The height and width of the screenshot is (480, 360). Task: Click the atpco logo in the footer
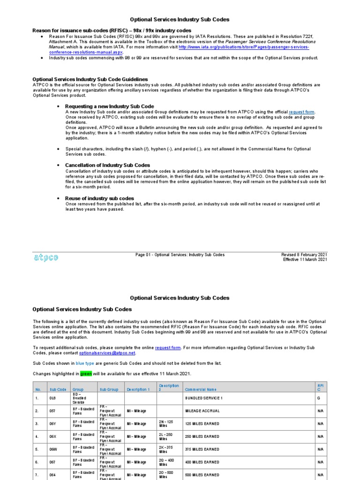pyautogui.click(x=45, y=257)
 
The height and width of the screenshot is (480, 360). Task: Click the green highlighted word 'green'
pyautogui.click(x=86, y=374)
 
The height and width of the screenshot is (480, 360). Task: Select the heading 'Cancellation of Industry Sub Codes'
pyautogui.click(x=107, y=165)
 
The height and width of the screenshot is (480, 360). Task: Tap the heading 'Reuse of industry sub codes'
pyautogui.click(x=99, y=198)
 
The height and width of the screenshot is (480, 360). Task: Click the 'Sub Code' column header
pyautogui.click(x=59, y=390)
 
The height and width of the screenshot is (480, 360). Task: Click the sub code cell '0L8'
pyautogui.click(x=54, y=398)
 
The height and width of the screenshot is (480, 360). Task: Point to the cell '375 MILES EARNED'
pyautogui.click(x=202, y=449)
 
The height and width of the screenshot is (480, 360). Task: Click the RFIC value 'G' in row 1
pyautogui.click(x=319, y=398)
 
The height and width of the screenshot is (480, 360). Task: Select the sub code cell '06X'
pyautogui.click(x=54, y=436)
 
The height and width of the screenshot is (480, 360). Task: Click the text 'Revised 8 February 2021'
pyautogui.click(x=304, y=255)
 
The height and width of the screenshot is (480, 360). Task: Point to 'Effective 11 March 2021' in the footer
pyautogui.click(x=305, y=260)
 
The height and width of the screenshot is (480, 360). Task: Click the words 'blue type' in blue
pyautogui.click(x=86, y=363)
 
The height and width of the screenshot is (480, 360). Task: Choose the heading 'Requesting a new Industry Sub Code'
pyautogui.click(x=109, y=106)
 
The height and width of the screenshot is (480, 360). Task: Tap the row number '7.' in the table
pyautogui.click(x=37, y=475)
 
